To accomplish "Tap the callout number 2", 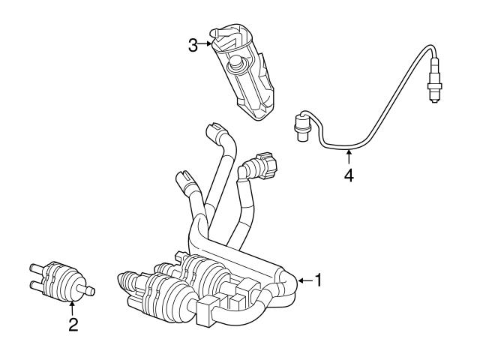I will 73,325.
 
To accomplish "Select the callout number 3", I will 193,44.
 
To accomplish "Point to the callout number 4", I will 348,175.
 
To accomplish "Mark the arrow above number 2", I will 73,307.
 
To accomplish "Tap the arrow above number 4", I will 348,156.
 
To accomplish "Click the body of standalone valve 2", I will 64,279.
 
